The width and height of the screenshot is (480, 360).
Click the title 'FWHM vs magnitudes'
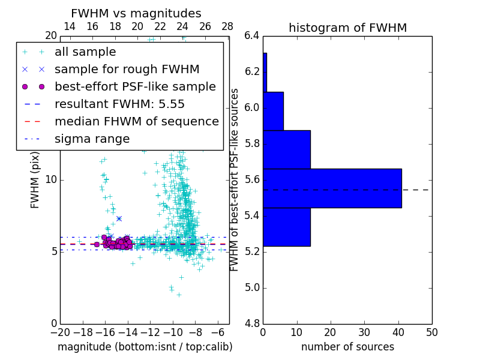136,13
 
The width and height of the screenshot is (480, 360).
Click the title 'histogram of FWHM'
347,28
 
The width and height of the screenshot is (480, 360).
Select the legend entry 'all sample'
85,52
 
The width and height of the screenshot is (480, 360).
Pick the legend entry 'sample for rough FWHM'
127,69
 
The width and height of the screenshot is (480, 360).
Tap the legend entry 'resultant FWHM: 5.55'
119,104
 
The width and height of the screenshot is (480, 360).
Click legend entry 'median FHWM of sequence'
136,121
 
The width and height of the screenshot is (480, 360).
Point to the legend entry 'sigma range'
92,139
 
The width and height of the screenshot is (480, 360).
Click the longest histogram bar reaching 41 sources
332,188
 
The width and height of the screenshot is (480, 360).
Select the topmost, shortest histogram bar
265,72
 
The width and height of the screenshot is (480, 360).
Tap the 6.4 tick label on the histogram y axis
251,35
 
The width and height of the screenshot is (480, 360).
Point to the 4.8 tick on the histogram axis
251,324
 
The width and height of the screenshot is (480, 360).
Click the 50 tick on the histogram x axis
431,332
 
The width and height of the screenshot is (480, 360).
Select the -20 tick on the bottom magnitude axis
60,332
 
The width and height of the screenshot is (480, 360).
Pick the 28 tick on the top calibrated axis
227,26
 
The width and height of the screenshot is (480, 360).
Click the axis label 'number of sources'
347,347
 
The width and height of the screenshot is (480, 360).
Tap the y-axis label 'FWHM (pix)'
35,181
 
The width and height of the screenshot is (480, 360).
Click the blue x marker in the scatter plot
119,218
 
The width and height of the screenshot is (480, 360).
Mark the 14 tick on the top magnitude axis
70,26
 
